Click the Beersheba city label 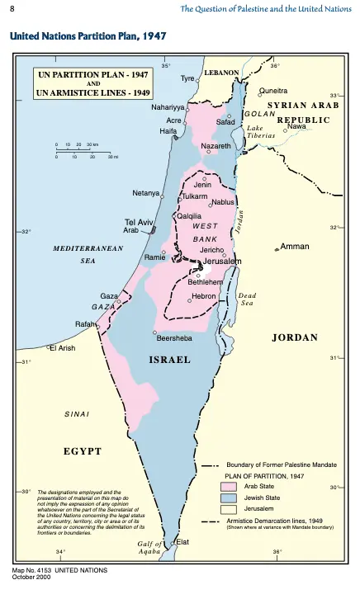174,337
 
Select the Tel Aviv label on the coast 139,223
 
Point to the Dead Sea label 247,299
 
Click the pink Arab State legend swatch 229,487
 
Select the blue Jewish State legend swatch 229,498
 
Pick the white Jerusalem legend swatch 229,510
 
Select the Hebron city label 203,295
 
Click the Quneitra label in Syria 273,91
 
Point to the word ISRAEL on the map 169,360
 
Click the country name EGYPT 83,451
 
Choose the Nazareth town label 216,146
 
